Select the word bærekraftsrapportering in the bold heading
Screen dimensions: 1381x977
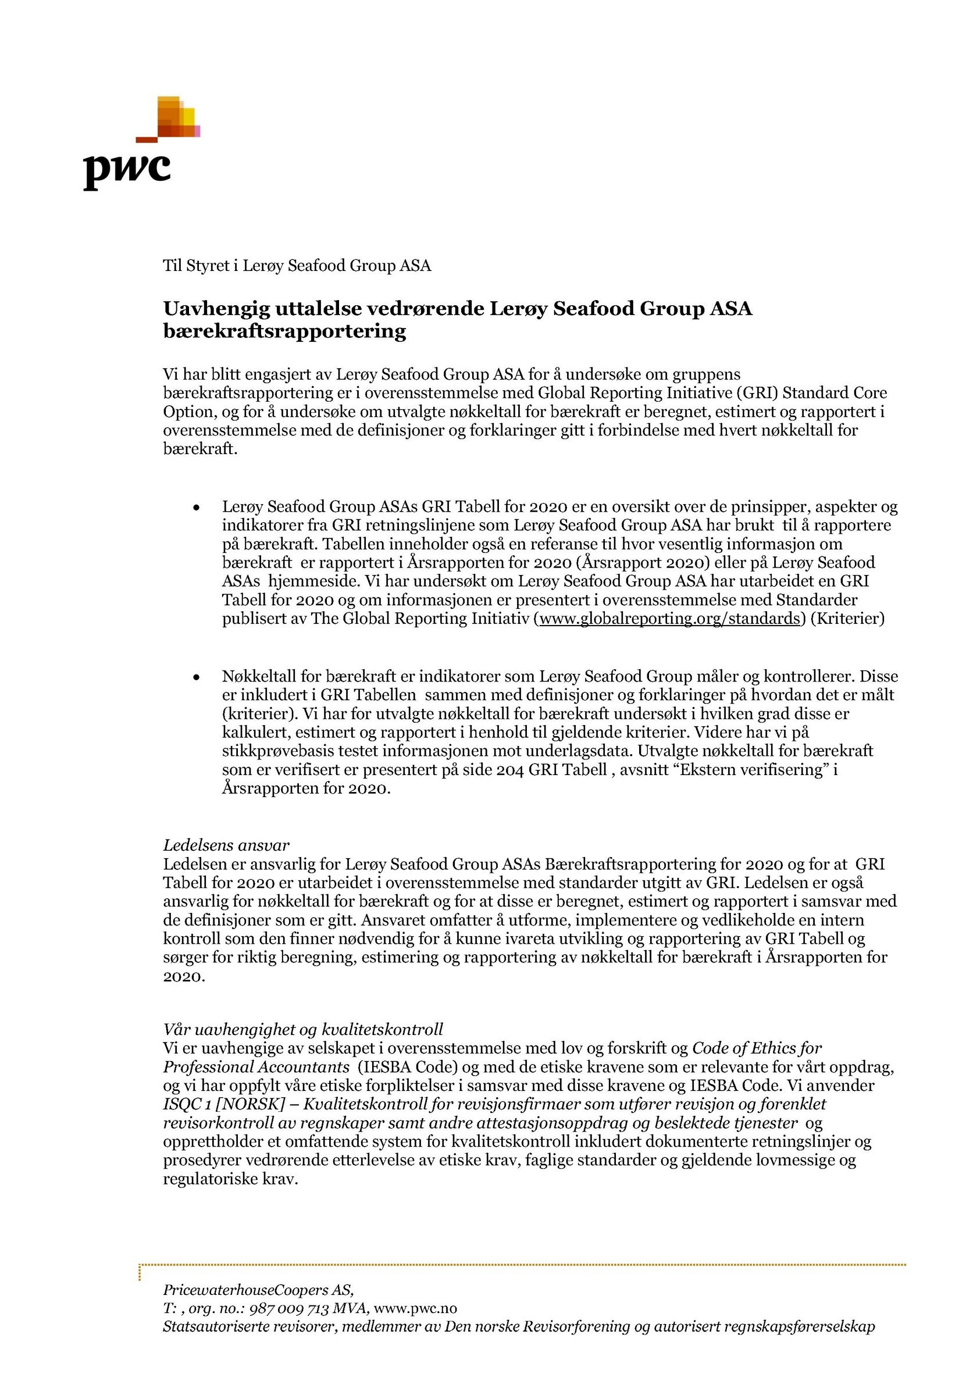(x=284, y=331)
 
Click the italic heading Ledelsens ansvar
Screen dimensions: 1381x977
(x=226, y=845)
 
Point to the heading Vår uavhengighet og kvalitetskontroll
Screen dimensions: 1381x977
(x=303, y=1029)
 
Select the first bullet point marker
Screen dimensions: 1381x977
(x=195, y=508)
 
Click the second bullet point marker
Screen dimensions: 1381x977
(x=195, y=678)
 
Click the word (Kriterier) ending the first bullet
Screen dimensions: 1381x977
(x=847, y=619)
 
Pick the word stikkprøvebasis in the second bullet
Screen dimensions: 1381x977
(x=281, y=752)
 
